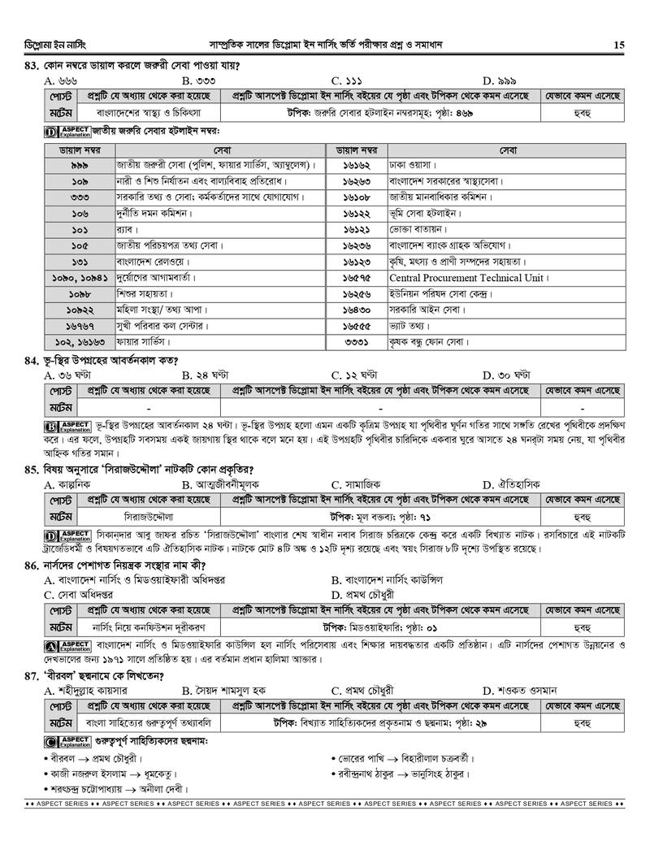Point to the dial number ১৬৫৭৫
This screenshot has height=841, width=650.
point(357,277)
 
